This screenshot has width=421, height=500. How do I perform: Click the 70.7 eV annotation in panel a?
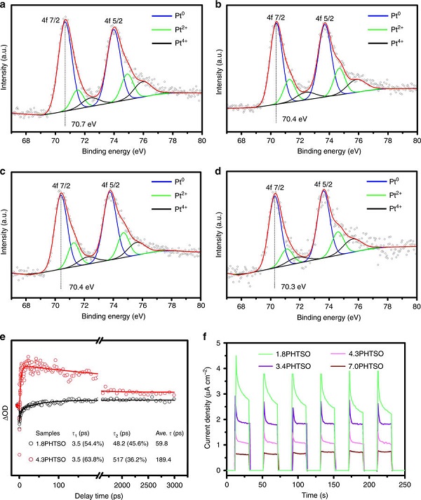click(x=83, y=123)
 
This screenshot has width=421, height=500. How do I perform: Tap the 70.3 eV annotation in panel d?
click(x=293, y=287)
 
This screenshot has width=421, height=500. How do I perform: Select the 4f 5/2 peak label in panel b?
click(x=325, y=18)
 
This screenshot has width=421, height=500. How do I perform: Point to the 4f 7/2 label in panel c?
click(x=61, y=186)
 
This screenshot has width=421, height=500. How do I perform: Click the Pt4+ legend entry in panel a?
click(x=169, y=43)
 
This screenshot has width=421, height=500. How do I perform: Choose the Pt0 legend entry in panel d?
click(x=384, y=182)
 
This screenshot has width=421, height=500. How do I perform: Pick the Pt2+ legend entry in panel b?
click(x=386, y=29)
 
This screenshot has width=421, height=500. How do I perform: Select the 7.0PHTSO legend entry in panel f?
click(x=358, y=366)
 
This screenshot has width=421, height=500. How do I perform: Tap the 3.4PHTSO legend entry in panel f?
click(x=284, y=366)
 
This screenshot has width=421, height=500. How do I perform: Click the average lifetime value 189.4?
click(x=163, y=459)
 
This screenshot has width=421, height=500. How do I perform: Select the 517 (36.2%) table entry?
click(x=130, y=459)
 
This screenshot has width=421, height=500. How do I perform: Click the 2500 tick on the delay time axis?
click(x=148, y=485)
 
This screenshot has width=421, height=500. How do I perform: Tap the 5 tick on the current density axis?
click(x=218, y=343)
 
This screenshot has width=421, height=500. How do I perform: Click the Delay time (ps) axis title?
click(x=98, y=496)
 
